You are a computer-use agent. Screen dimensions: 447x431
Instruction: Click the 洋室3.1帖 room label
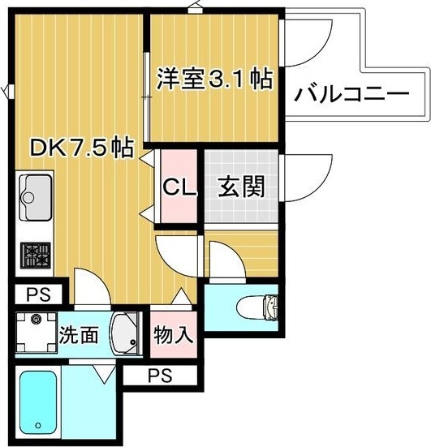coord(213,80)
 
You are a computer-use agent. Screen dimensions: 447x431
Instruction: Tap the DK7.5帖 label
coord(81,148)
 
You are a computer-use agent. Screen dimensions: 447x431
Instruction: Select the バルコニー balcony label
coord(351,94)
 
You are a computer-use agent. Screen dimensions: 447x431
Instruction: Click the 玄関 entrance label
coord(241,187)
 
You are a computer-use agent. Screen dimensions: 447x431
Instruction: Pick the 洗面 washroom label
coord(78,334)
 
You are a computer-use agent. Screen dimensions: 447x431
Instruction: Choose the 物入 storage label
coord(172,334)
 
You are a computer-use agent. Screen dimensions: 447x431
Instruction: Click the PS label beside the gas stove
coord(36,294)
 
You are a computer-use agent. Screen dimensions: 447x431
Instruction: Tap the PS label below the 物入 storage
coord(159,376)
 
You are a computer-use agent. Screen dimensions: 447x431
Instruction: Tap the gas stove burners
coord(34,256)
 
